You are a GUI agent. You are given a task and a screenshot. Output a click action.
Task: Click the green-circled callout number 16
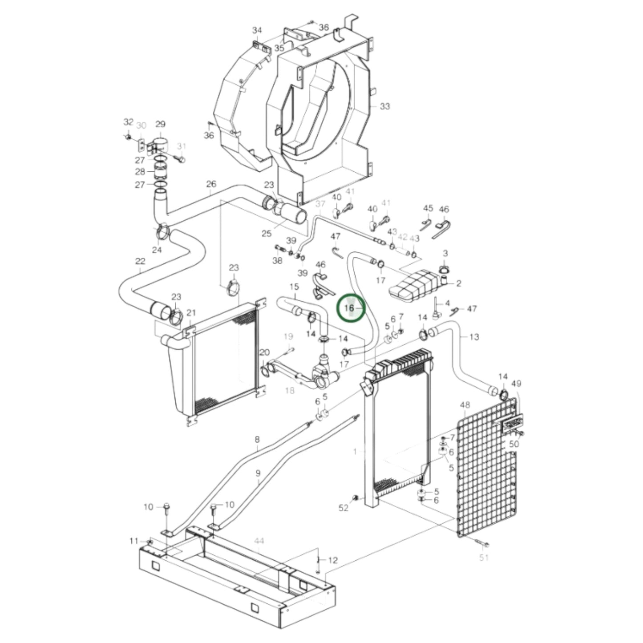pos(349,307)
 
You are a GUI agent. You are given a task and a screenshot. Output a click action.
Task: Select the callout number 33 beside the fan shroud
pos(384,106)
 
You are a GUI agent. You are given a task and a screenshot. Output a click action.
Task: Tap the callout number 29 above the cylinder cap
pos(160,125)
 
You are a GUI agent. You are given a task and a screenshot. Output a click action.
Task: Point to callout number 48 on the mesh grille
pos(465,405)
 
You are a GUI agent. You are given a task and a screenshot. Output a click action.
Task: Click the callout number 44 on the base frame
pos(259,541)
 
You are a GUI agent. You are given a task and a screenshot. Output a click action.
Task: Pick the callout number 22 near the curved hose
pos(140,261)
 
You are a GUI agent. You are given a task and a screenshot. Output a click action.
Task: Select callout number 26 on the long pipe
pos(211,184)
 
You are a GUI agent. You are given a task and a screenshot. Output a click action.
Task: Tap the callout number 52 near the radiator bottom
pos(344,508)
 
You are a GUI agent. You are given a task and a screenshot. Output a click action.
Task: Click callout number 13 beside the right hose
pos(474,337)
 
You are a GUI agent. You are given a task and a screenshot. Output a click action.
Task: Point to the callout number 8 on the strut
pos(257,440)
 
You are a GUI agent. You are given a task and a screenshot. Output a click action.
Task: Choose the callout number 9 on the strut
pos(258,473)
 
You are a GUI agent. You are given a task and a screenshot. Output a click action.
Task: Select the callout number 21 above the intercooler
pos(191,313)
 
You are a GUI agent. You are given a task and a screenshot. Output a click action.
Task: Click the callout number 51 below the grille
pos(484,557)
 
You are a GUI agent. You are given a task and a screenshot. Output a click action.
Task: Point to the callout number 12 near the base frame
pos(333,560)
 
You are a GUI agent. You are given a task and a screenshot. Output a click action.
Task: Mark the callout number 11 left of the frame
pos(134,541)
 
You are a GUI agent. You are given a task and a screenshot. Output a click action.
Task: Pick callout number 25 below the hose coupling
pos(266,234)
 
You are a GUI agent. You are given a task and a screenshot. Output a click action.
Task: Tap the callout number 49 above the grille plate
pos(516,384)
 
